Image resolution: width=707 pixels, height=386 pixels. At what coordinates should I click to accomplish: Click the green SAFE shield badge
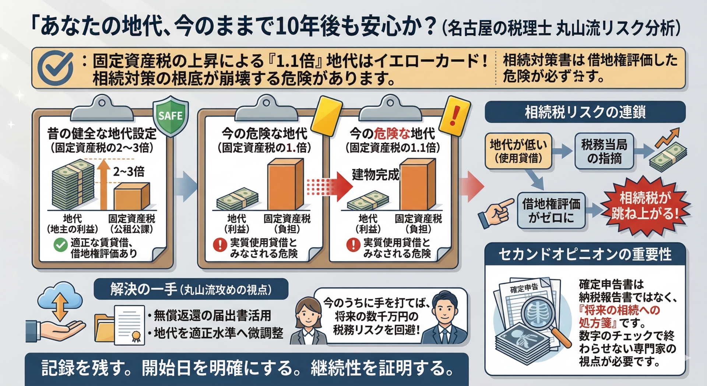170,117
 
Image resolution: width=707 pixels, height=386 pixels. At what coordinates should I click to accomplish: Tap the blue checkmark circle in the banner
56,68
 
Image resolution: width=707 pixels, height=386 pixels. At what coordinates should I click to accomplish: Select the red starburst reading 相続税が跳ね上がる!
645,206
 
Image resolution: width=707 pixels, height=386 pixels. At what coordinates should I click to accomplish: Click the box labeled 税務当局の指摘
604,151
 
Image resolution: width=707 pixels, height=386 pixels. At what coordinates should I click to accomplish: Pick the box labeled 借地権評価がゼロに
551,211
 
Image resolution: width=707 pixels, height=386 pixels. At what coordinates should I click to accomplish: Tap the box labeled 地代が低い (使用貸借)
518,151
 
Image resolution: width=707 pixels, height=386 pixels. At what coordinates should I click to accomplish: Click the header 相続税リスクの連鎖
585,112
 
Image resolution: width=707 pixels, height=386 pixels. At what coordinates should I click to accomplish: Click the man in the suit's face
445,309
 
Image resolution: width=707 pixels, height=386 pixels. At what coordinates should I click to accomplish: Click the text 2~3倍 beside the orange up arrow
129,171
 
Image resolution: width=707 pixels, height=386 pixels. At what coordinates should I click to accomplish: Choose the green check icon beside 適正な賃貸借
60,245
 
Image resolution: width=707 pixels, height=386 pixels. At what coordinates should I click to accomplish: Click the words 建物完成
375,174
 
